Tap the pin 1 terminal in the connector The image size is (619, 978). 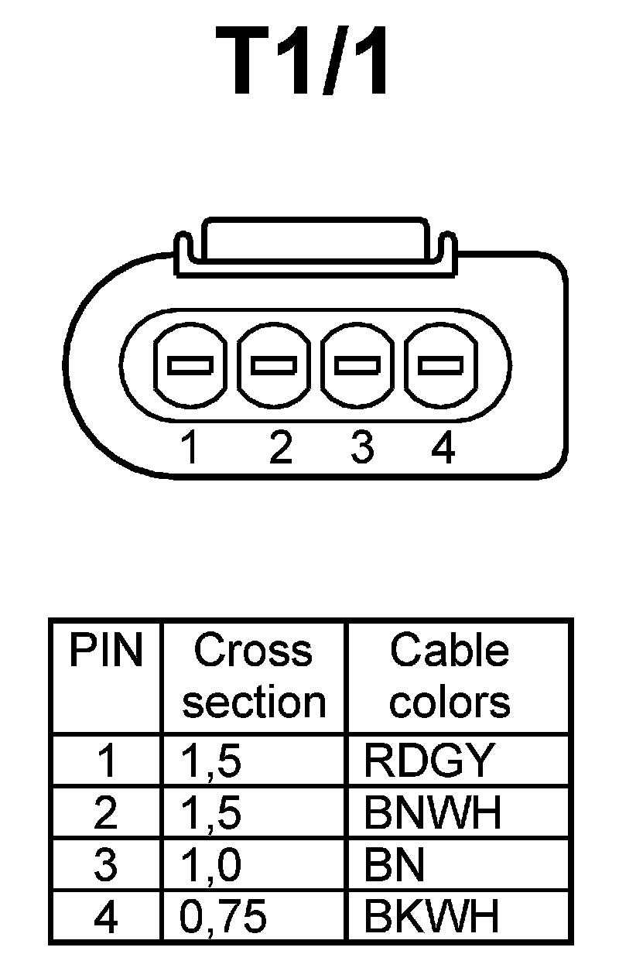190,364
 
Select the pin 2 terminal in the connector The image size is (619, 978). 274,364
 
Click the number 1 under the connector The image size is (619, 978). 189,447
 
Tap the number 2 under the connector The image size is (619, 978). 281,447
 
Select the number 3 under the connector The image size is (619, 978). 361,447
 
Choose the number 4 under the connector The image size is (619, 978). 442,447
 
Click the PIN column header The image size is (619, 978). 106,652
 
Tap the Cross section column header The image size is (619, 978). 254,676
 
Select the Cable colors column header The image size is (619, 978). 450,676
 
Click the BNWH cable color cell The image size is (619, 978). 433,813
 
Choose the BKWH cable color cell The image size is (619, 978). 431,918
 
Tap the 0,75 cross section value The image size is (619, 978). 224,918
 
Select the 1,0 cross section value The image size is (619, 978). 211,866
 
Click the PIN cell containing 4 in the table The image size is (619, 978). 106,918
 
